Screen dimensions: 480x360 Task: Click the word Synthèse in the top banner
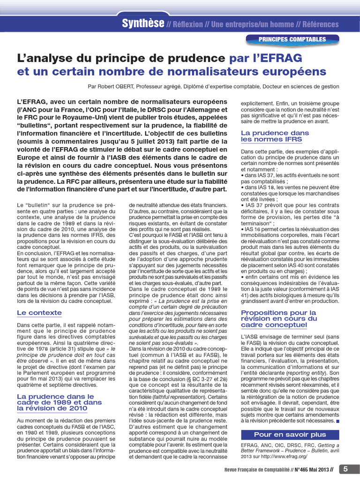pyautogui.click(x=143, y=23)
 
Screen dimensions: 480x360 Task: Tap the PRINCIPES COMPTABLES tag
pyautogui.click(x=292, y=39)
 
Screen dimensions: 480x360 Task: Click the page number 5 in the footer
pyautogui.click(x=345, y=469)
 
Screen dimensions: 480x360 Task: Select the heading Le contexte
pyautogui.click(x=39, y=313)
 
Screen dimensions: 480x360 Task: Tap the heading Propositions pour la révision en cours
pyautogui.click(x=278, y=318)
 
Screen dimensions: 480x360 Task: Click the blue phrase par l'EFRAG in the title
pyautogui.click(x=266, y=58)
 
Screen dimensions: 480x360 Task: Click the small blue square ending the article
pyautogui.click(x=338, y=421)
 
